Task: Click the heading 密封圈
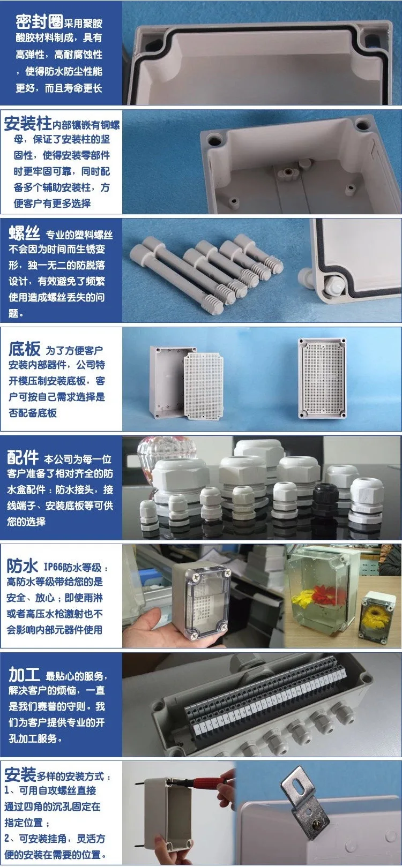click(39, 21)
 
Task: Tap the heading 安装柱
click(27, 124)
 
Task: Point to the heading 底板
click(25, 349)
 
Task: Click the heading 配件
click(23, 457)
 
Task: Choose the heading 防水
click(22, 566)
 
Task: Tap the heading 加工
click(25, 675)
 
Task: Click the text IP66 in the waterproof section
click(53, 568)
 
